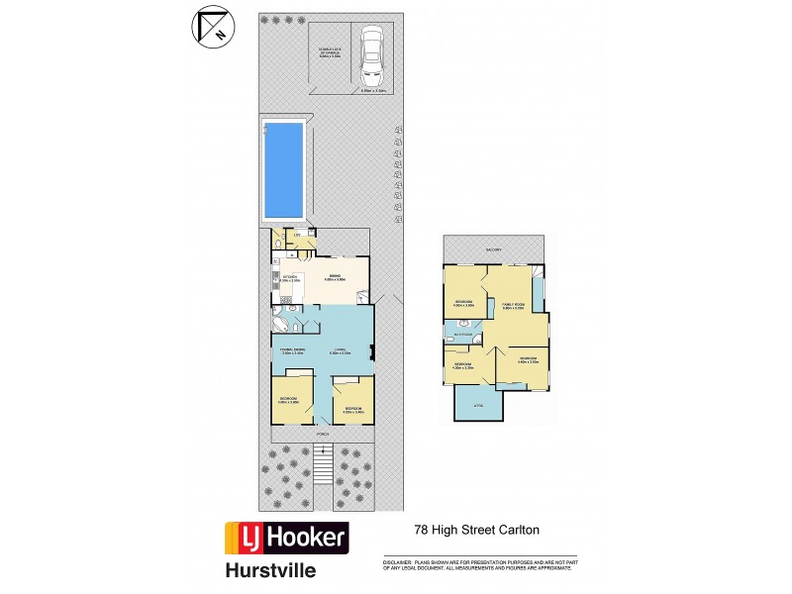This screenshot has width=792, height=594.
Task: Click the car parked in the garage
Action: pos(371,56)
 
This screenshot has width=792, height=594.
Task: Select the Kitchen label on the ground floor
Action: pos(289,278)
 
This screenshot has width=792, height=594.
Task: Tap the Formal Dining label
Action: pos(290,350)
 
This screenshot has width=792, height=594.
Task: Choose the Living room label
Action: pos(340,350)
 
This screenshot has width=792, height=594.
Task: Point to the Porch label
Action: pos(323,434)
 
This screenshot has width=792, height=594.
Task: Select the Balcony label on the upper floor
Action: pos(493,249)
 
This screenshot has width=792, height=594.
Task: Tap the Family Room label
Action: pos(513,306)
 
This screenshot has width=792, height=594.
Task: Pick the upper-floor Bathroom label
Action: pos(461,337)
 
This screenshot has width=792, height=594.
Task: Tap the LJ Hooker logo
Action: pos(287,537)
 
